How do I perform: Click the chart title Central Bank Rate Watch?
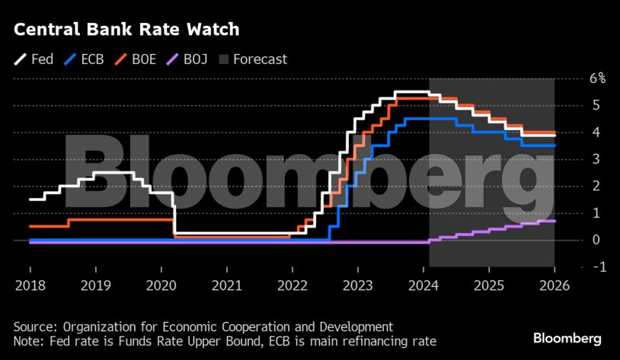[126, 30]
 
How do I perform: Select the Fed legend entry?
[34, 59]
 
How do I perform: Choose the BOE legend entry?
[135, 59]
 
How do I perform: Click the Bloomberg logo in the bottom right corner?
[567, 338]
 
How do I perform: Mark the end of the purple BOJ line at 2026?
[554, 221]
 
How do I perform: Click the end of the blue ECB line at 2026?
[554, 145]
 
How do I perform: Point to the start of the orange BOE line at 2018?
[30, 226]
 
